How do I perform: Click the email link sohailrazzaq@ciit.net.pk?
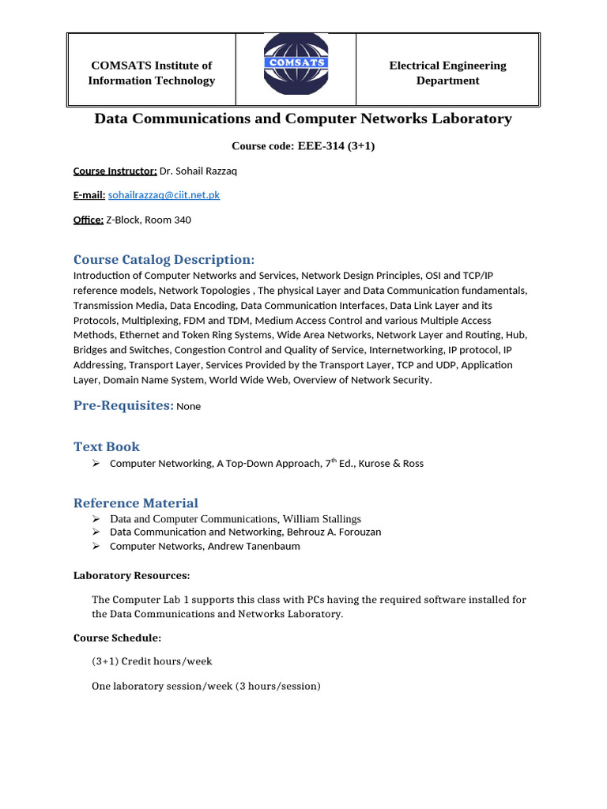coord(164,195)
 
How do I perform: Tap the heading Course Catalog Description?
coord(164,260)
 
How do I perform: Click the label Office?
coord(88,220)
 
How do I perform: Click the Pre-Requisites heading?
coord(123,405)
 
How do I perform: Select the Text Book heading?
coord(107,446)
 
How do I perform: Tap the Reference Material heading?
coord(136,503)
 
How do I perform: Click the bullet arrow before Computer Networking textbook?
coord(96,463)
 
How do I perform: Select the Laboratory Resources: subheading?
coord(131,575)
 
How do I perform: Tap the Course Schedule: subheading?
coord(117,638)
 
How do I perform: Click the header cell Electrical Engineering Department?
coord(447,73)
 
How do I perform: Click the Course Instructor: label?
coord(115,171)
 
